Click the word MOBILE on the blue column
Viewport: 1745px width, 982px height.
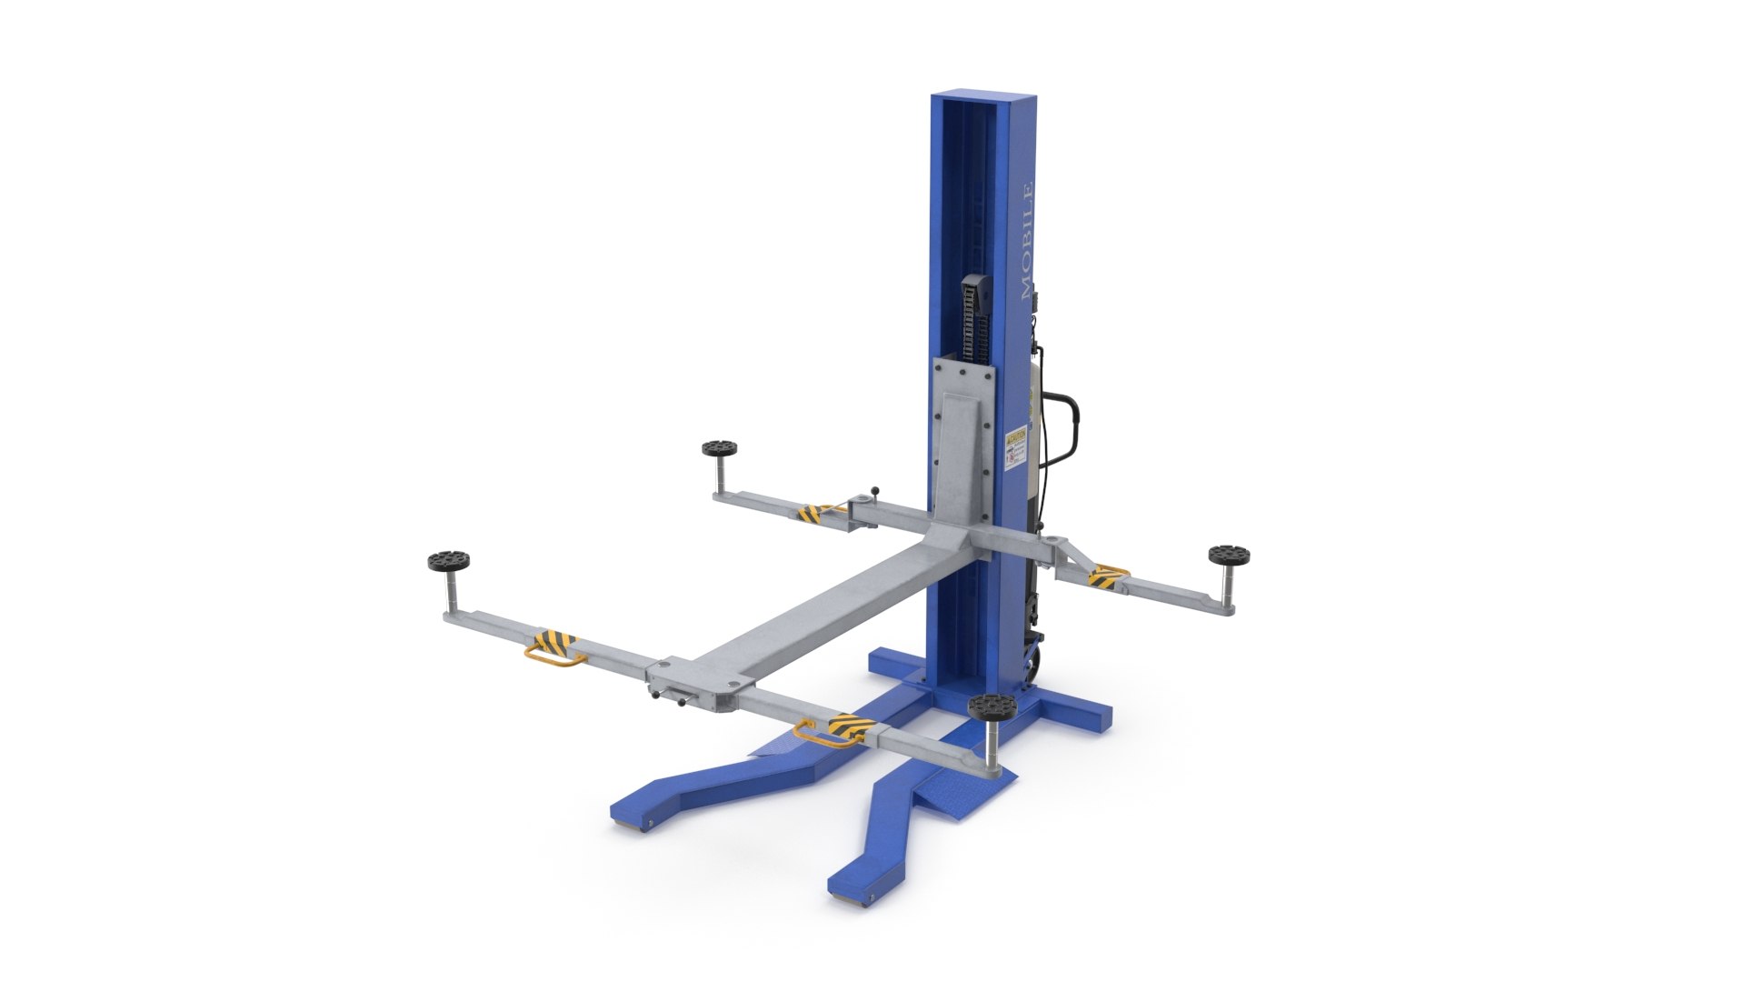coord(1028,242)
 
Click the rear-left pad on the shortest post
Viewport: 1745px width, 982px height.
coord(719,448)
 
